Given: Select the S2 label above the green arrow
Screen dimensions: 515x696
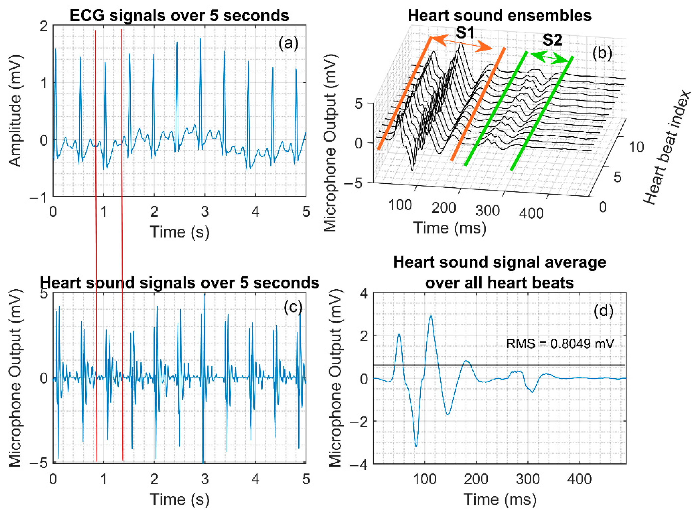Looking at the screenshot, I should [552, 40].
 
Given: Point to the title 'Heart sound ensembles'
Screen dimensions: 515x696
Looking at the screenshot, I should [499, 15].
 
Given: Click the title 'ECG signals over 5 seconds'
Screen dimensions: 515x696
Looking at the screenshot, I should [179, 15].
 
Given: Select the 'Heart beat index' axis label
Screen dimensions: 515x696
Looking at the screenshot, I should [667, 148].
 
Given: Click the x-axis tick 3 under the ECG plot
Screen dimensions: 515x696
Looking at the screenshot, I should [205, 212].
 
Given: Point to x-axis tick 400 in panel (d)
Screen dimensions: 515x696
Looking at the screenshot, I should [579, 479].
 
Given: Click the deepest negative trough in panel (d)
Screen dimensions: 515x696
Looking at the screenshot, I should [416, 446].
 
